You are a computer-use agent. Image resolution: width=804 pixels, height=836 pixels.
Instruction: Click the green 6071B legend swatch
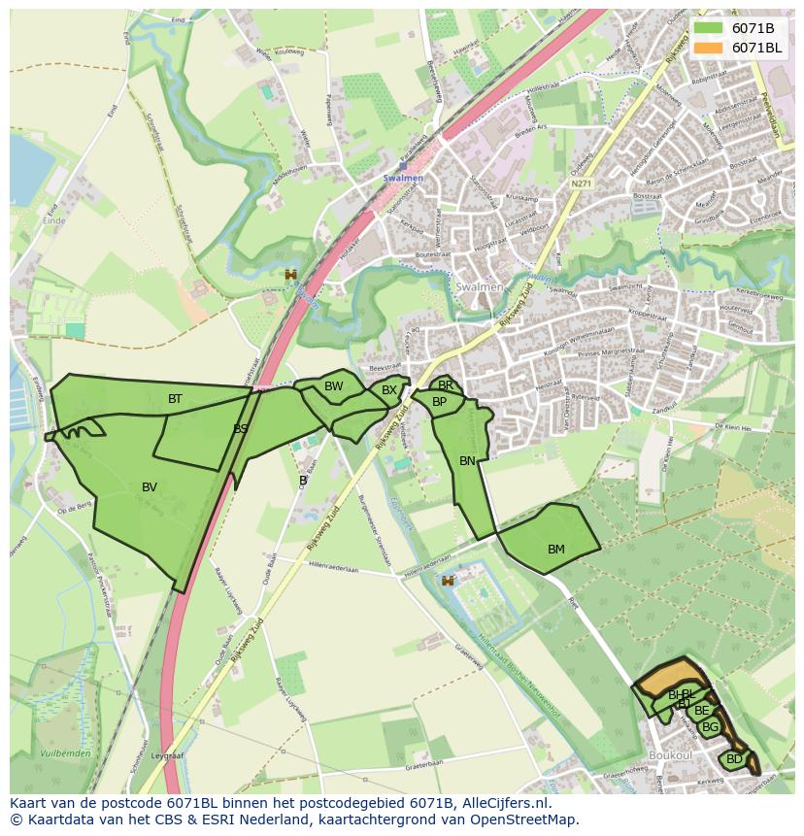click(708, 28)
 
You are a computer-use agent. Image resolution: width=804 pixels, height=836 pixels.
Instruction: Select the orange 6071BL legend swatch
click(708, 48)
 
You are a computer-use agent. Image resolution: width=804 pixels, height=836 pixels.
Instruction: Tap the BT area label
click(175, 399)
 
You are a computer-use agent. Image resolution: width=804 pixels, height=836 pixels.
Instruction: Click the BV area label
click(150, 487)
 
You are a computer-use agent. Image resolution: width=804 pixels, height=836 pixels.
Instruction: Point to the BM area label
click(555, 550)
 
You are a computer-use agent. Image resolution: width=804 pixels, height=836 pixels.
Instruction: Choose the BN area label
click(467, 461)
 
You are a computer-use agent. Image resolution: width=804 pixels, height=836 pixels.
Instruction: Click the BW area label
click(334, 386)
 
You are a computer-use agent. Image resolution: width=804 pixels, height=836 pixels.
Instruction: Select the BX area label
click(389, 390)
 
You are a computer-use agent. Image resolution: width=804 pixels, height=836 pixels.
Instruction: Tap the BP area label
click(439, 402)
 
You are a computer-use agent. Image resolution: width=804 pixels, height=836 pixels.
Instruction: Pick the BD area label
click(734, 759)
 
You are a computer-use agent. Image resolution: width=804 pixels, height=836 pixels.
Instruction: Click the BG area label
click(710, 727)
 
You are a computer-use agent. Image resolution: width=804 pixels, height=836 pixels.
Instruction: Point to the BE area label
click(701, 711)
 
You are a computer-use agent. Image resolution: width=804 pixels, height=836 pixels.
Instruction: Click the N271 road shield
click(582, 183)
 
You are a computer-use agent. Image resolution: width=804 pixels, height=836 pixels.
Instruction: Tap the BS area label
click(241, 428)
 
